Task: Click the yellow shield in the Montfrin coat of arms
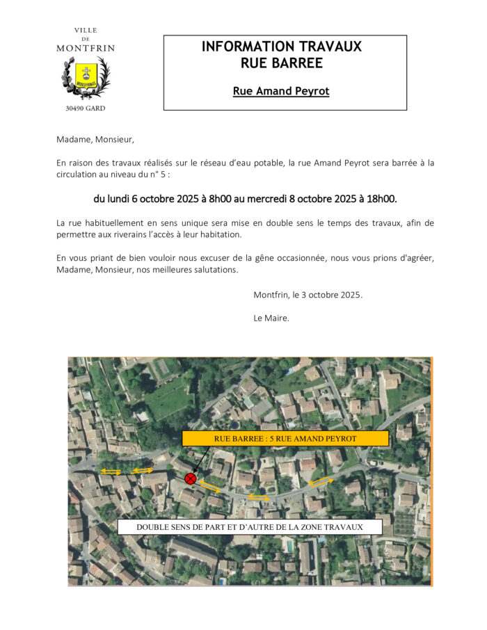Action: pos(86,73)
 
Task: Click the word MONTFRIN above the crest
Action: pos(86,48)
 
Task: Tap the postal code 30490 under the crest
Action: pos(75,108)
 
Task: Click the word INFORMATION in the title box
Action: pos(243,47)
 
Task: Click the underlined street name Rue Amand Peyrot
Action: pos(281,91)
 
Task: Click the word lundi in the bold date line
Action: pos(118,199)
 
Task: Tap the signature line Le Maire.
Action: pos(271,318)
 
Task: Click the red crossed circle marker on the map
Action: pos(190,478)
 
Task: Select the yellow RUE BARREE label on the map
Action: pos(285,439)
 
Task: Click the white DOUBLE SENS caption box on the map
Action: pos(249,527)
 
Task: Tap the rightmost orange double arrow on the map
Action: pos(321,481)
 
